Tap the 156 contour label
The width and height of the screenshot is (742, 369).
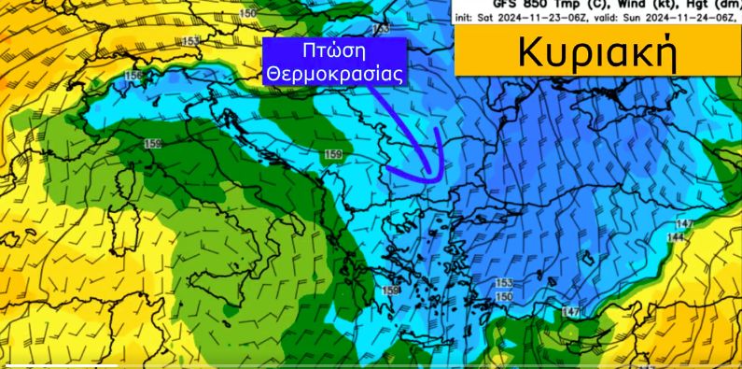pyautogui.click(x=133, y=76)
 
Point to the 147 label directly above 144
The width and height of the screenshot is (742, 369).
pyautogui.click(x=685, y=225)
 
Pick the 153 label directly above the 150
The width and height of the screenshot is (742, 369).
pyautogui.click(x=503, y=282)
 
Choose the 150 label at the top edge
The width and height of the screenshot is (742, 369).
pyautogui.click(x=248, y=13)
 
